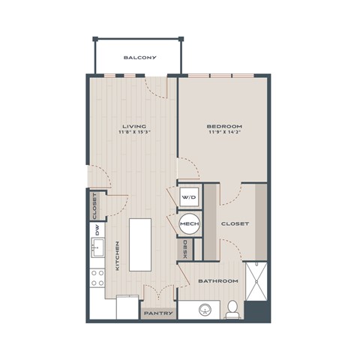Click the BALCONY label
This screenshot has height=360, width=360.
tap(139, 57)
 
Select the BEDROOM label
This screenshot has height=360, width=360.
tap(223, 126)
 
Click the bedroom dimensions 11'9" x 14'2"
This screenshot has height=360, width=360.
tap(223, 133)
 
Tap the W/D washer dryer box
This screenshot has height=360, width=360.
tap(188, 197)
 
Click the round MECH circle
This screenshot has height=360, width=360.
tap(188, 223)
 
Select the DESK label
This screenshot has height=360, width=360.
tap(184, 249)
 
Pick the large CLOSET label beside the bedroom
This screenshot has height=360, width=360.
tap(235, 223)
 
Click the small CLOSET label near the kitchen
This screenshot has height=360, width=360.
tap(95, 206)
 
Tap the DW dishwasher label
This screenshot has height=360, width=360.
tap(96, 231)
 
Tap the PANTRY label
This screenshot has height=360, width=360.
tap(158, 313)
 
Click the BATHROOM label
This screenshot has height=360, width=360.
tap(217, 280)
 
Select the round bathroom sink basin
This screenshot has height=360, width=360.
tap(203, 309)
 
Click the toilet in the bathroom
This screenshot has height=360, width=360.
tap(233, 307)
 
